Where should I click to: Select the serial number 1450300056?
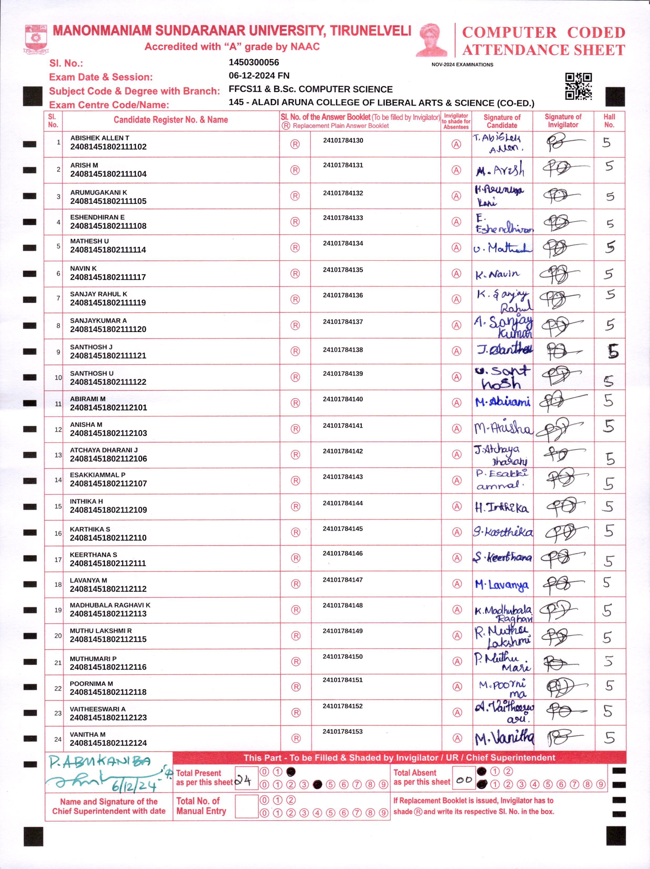click(x=254, y=62)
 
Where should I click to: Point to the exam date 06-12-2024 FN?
click(x=259, y=76)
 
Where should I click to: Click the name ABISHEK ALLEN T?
click(x=100, y=138)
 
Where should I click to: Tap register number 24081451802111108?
click(x=108, y=226)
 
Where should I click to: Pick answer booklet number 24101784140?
click(x=343, y=399)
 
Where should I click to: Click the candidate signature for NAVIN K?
click(x=497, y=274)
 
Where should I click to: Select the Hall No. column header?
click(x=609, y=121)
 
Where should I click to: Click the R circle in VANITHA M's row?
click(x=296, y=738)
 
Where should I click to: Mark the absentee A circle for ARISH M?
click(x=456, y=170)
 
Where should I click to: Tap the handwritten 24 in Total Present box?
click(x=243, y=780)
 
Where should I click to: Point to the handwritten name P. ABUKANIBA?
click(x=100, y=762)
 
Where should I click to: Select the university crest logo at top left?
click(x=36, y=39)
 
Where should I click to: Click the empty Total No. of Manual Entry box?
click(x=246, y=806)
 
